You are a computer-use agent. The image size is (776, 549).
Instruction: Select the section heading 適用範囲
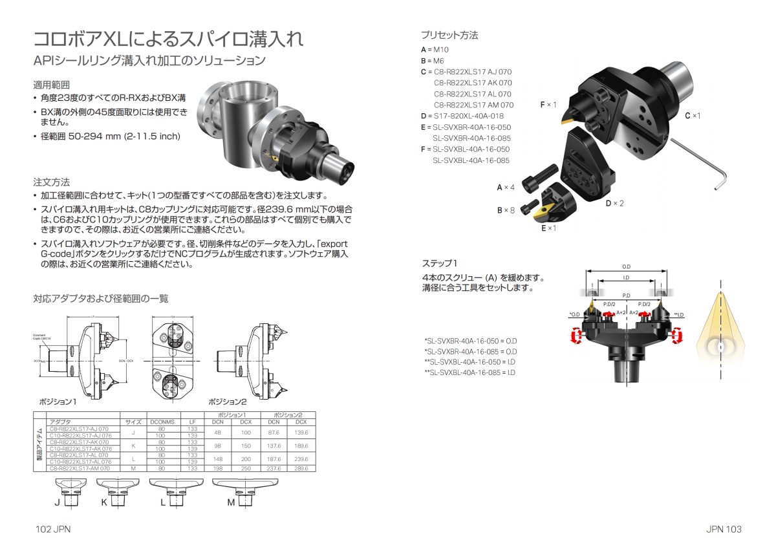click(x=51, y=85)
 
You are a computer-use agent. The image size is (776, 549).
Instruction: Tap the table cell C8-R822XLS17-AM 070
click(x=80, y=468)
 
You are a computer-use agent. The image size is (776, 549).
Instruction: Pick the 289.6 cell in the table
click(x=301, y=468)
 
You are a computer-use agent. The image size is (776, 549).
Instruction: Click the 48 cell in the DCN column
click(x=218, y=432)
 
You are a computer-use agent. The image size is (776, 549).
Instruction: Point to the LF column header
click(x=191, y=421)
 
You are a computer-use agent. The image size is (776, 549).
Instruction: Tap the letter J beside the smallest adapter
click(x=57, y=502)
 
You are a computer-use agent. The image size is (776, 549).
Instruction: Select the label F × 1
click(x=548, y=104)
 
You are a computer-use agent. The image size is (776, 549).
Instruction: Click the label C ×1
click(x=692, y=115)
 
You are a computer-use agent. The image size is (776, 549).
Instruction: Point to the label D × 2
click(x=614, y=203)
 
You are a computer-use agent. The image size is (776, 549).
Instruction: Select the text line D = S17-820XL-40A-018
click(x=462, y=116)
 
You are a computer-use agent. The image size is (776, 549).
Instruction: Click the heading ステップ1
click(x=439, y=264)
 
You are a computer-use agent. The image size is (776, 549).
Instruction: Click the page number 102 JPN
click(x=52, y=529)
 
